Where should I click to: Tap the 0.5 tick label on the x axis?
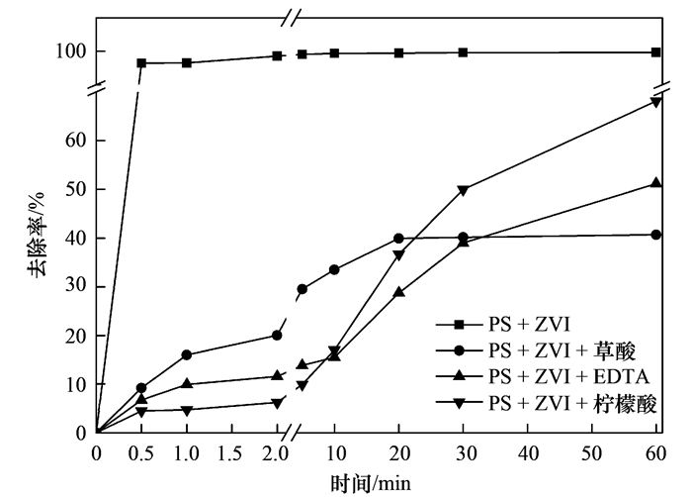141,454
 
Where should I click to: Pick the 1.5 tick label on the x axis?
231,454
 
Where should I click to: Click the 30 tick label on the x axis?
463,454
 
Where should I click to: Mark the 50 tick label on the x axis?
591,454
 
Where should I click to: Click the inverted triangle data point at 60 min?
656,102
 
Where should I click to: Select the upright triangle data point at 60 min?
656,183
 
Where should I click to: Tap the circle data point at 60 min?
656,235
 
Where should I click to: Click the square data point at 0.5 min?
141,63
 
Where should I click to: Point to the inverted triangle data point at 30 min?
463,189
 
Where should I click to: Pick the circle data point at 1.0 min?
187,354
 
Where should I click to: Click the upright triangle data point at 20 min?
398,292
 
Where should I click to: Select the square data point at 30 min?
463,52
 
